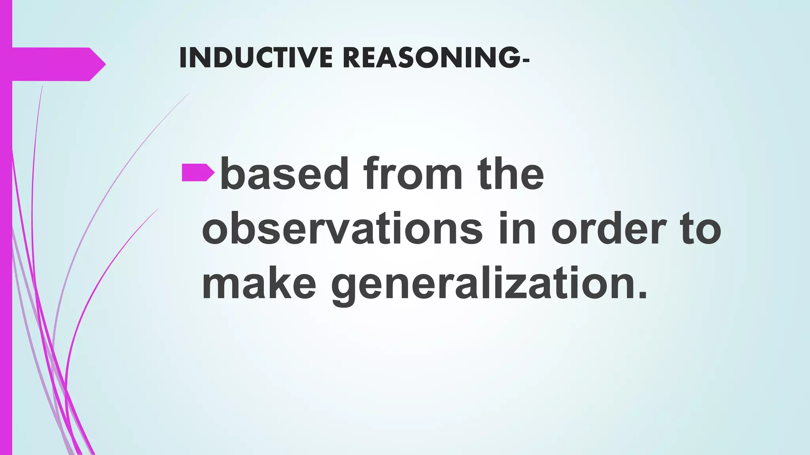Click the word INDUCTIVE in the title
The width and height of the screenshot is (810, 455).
pyautogui.click(x=256, y=58)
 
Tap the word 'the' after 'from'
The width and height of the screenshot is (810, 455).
pyautogui.click(x=511, y=174)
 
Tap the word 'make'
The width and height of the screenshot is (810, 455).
pyautogui.click(x=259, y=284)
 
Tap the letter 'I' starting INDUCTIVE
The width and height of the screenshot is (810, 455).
pyautogui.click(x=182, y=58)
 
